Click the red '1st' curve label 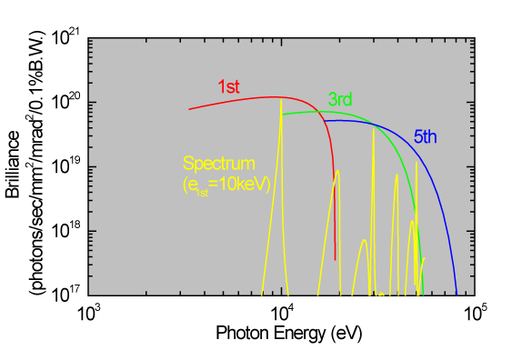(228, 87)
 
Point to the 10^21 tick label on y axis (66, 38)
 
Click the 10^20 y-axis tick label (66, 102)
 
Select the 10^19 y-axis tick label (66, 166)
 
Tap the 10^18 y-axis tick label (66, 231)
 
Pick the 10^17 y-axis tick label (66, 295)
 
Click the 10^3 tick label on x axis (88, 313)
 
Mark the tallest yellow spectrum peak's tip (281, 101)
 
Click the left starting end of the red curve (189, 109)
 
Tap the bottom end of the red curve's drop (336, 260)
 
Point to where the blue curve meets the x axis (457, 295)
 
